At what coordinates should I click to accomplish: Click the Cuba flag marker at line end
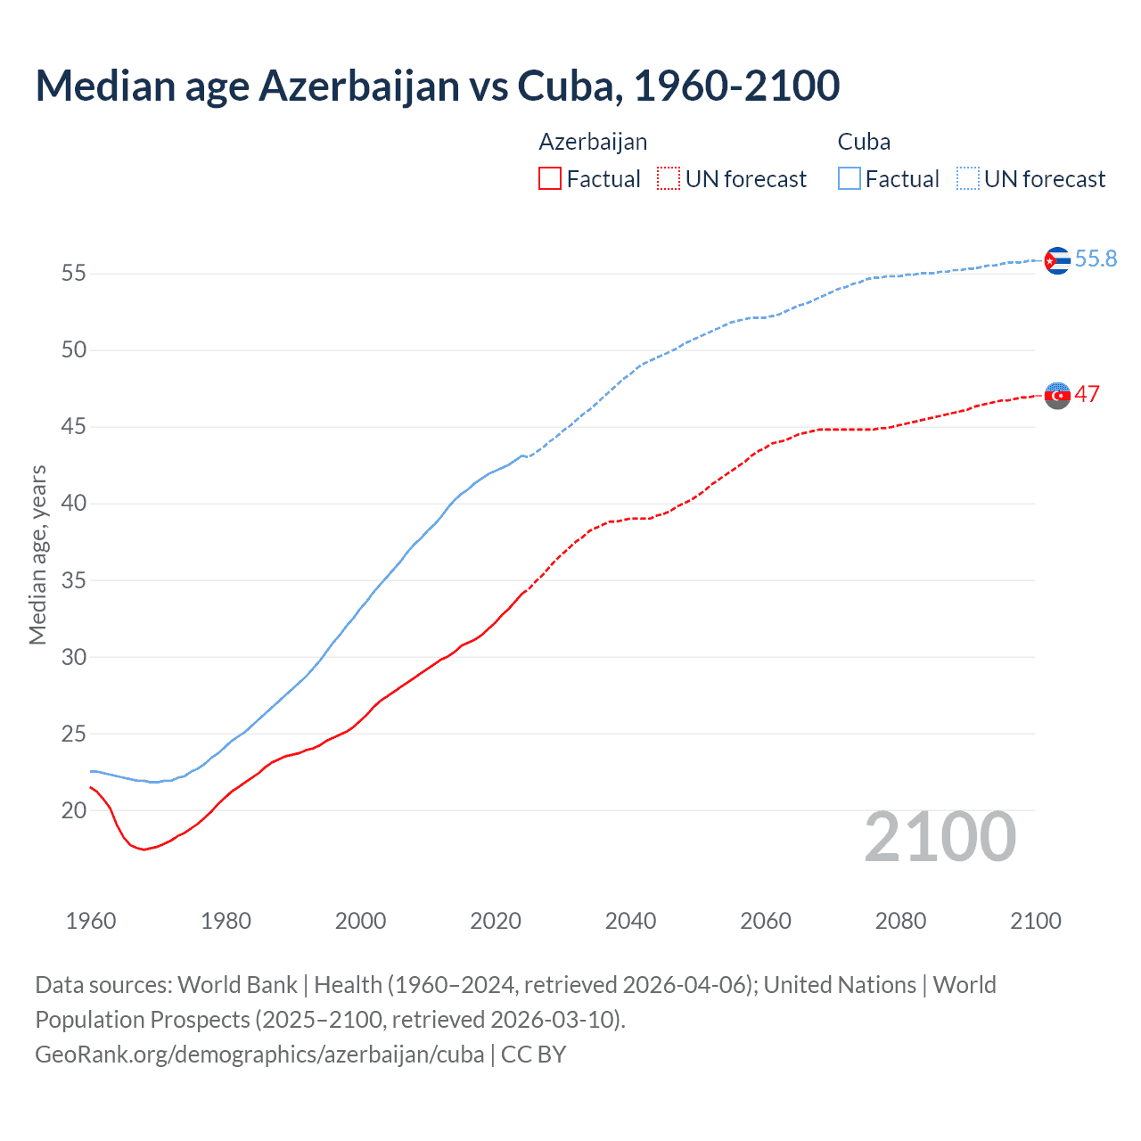1056,260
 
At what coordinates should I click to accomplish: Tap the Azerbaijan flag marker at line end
1057,395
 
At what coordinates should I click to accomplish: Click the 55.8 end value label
1096,259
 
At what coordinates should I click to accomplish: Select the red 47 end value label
1087,394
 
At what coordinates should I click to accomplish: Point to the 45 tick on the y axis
74,427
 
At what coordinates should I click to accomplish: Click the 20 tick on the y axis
74,810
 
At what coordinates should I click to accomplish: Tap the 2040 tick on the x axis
630,921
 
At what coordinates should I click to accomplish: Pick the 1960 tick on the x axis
91,921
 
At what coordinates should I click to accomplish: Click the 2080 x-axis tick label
900,921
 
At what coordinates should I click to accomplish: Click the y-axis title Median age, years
37,554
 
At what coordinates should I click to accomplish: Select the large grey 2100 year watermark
940,836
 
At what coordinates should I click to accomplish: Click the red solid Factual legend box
550,178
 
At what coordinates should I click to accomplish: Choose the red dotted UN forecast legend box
668,178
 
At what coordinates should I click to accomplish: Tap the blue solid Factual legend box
849,178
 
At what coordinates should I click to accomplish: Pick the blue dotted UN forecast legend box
967,178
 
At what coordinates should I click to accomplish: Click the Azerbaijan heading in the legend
593,142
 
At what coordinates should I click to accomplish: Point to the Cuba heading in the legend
864,142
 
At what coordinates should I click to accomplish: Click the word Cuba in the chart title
566,86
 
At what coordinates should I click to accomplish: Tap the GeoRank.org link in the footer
259,1054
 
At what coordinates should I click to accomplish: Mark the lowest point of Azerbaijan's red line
144,850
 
